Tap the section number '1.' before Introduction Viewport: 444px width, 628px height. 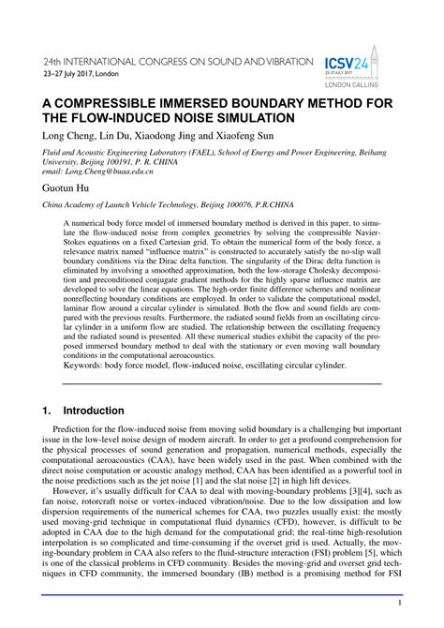pyautogui.click(x=45, y=411)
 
